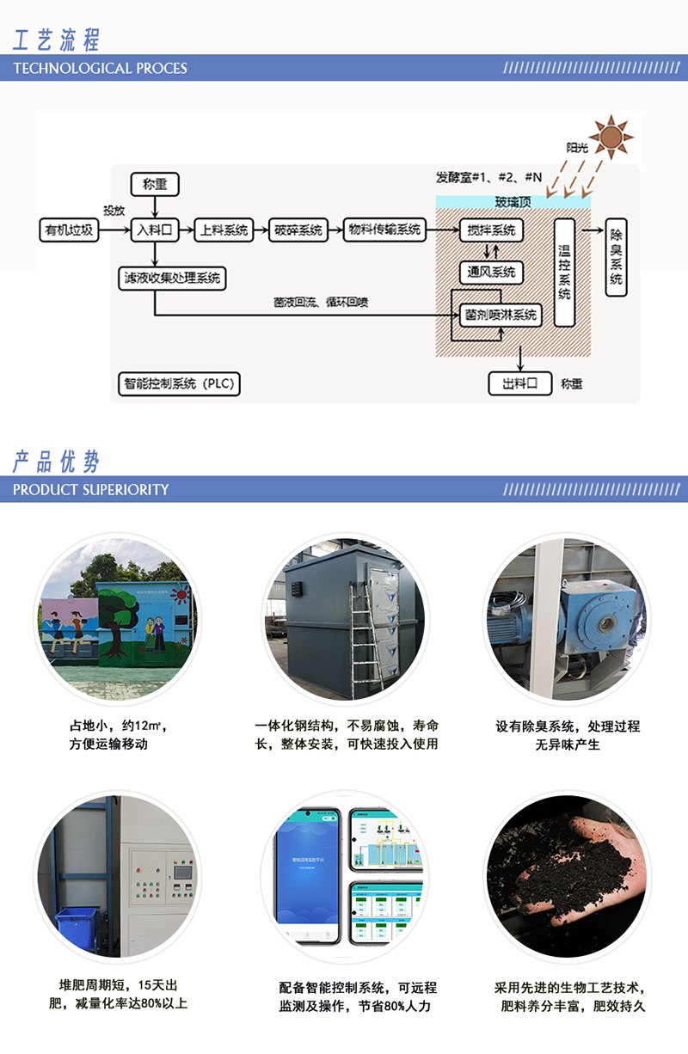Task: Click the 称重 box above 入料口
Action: point(155,183)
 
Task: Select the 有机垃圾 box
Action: point(70,230)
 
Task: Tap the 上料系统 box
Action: point(224,230)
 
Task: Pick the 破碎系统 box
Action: point(298,230)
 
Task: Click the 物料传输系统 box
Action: point(384,230)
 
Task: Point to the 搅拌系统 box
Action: point(491,230)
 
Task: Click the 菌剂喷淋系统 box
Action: point(501,315)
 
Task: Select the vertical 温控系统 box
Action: point(564,272)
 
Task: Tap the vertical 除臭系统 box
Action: point(617,255)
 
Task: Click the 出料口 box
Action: point(519,383)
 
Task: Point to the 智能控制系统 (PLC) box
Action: point(178,383)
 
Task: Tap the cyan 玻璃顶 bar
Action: point(513,202)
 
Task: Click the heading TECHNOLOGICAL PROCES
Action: point(101,68)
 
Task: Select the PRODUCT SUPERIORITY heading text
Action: point(91,489)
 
